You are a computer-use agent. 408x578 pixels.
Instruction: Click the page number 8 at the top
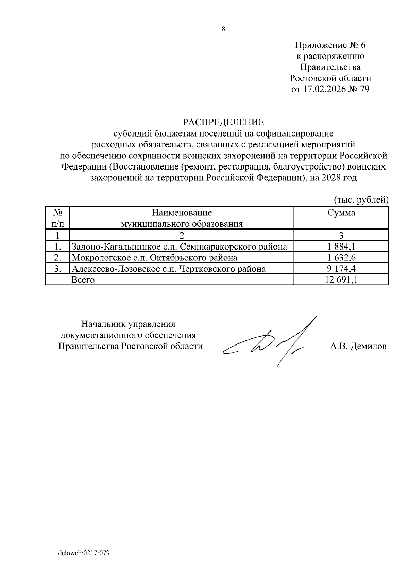[223, 29]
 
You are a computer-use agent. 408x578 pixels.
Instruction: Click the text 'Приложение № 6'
[330, 45]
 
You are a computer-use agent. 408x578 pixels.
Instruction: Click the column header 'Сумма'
[341, 213]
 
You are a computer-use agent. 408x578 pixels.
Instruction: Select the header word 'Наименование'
[182, 213]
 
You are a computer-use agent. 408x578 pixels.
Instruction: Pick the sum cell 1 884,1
[341, 246]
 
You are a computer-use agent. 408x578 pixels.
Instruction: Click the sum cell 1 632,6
[341, 258]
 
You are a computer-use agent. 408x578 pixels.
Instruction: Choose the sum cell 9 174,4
[341, 269]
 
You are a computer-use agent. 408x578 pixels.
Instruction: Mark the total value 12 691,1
[341, 280]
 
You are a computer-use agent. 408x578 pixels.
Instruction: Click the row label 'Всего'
[83, 280]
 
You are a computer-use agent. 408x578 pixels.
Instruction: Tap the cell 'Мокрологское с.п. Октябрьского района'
[154, 258]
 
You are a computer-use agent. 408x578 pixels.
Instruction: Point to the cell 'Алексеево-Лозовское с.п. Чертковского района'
[169, 269]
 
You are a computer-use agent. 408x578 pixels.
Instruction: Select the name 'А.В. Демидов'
[358, 347]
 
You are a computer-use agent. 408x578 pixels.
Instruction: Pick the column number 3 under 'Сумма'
[341, 235]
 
